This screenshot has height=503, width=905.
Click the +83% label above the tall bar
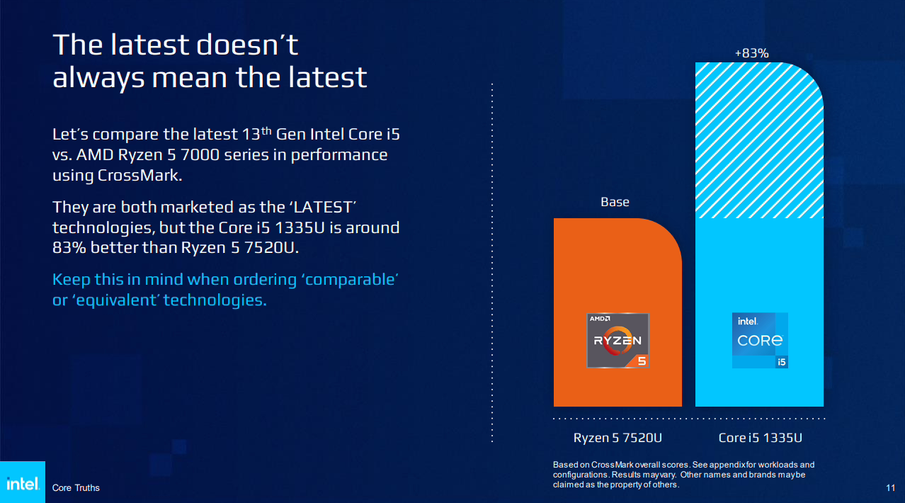click(x=751, y=53)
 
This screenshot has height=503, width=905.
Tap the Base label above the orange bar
click(x=615, y=202)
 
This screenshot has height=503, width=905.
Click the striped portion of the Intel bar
click(x=759, y=140)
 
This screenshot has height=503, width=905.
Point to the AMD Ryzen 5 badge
click(x=617, y=341)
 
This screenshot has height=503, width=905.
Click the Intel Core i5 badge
click(x=760, y=341)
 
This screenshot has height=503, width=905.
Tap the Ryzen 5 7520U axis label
click(x=617, y=438)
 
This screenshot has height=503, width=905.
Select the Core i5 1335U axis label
click(x=760, y=438)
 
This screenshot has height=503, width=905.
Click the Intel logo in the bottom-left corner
click(x=23, y=482)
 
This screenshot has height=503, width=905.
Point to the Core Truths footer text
click(x=76, y=488)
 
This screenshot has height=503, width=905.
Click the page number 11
click(x=890, y=488)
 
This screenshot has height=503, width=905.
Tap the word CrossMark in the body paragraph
click(x=138, y=176)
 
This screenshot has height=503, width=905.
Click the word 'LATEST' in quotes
click(x=322, y=207)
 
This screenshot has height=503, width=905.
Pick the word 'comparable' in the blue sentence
click(x=350, y=279)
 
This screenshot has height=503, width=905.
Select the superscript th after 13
click(x=266, y=130)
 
